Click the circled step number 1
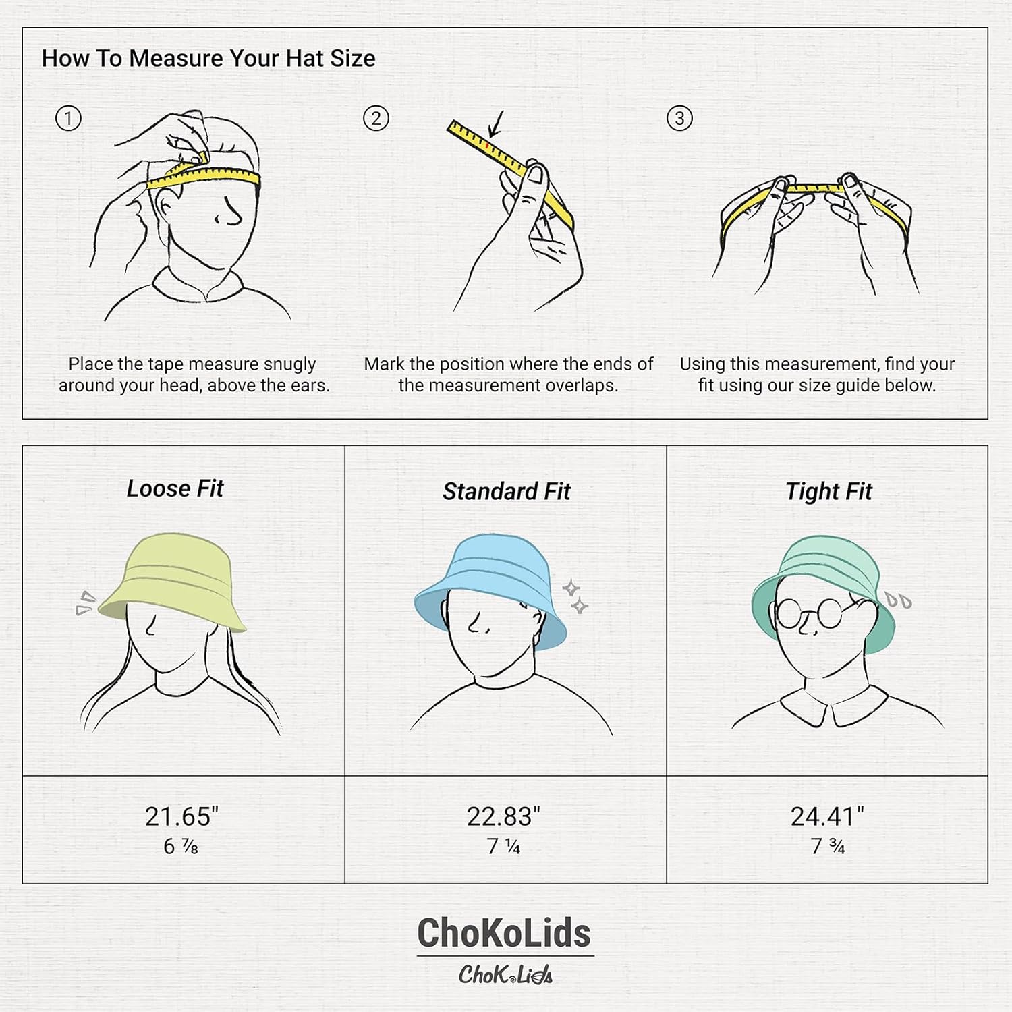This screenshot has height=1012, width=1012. tap(67, 119)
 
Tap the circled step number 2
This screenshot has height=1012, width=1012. tap(376, 119)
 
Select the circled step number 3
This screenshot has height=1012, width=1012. tap(679, 119)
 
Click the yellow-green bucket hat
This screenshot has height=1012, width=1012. tap(172, 580)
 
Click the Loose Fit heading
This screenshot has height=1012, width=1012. tap(175, 488)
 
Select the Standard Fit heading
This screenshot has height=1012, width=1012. tap(506, 491)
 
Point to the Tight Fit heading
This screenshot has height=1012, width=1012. tap(828, 491)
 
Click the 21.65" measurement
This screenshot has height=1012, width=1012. tap(181, 816)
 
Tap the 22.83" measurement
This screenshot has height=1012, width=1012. tap(503, 816)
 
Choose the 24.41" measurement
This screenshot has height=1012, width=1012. tap(826, 816)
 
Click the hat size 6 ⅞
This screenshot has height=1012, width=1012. tap(181, 846)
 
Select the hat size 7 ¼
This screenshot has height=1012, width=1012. tap(503, 846)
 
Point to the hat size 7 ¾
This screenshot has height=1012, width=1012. tap(827, 846)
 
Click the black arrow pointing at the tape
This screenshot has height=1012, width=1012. tap(497, 124)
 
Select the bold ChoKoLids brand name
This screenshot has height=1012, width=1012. tap(504, 933)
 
